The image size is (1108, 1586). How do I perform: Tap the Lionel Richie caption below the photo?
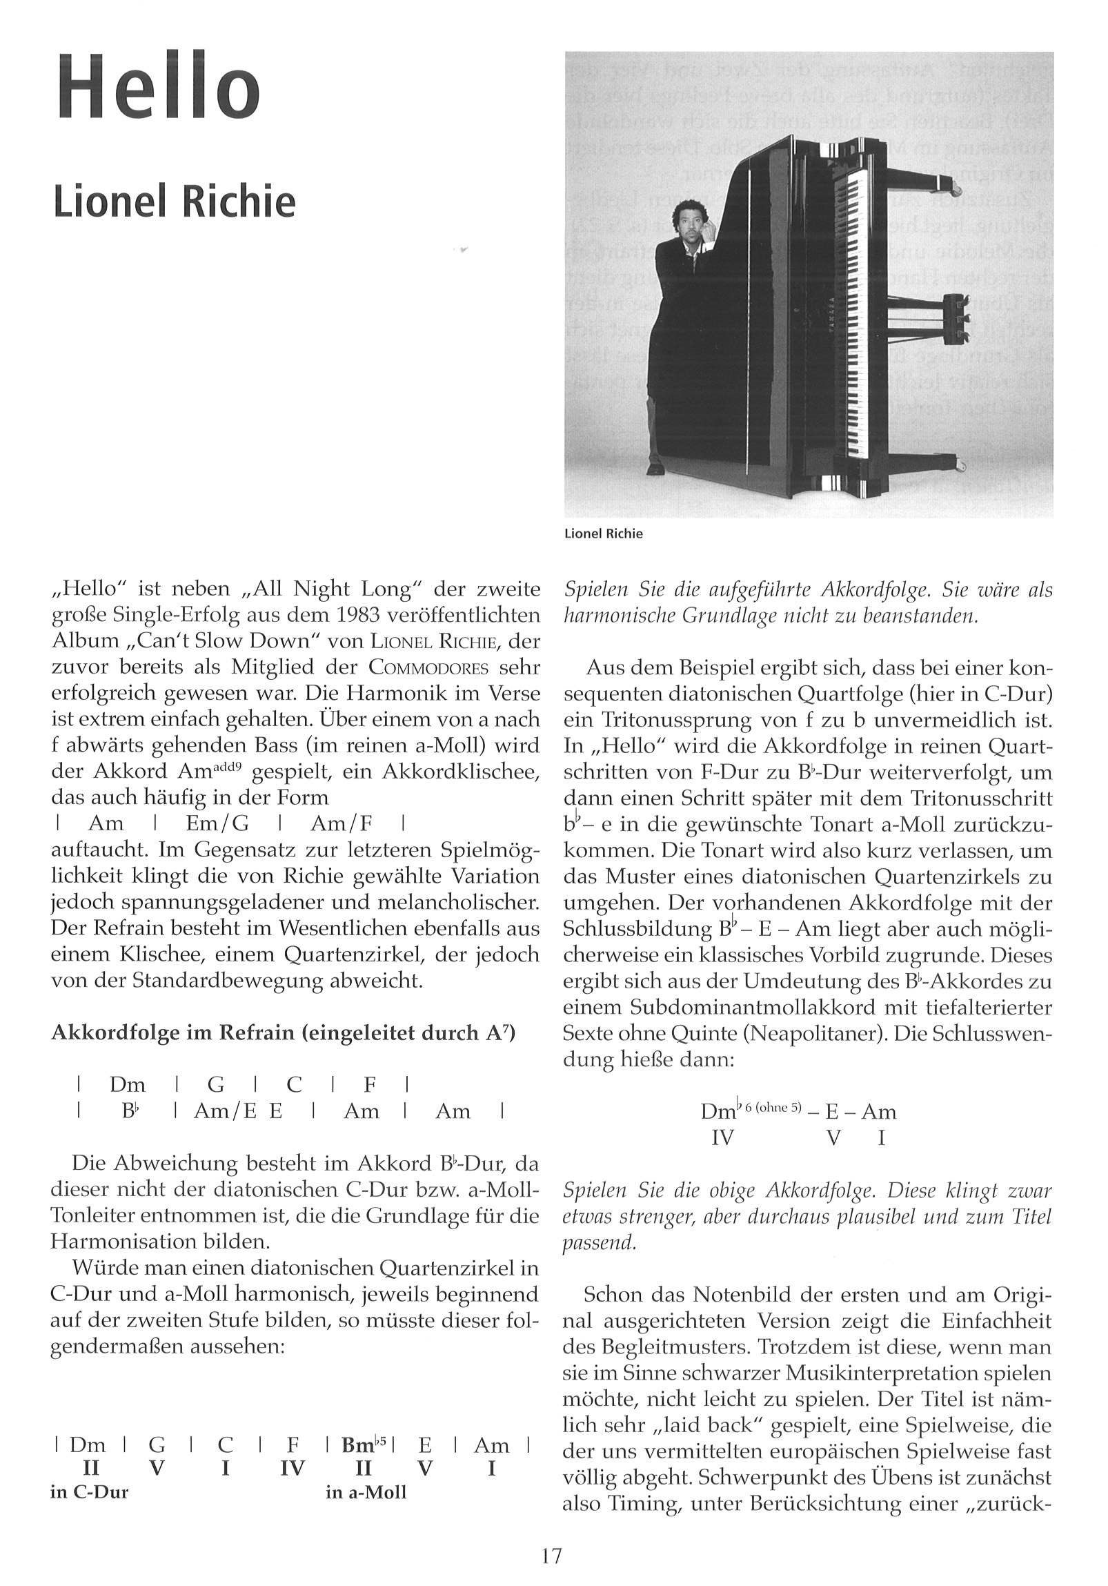604,534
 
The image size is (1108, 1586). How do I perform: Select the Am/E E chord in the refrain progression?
238,1110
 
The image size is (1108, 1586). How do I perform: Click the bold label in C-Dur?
90,1492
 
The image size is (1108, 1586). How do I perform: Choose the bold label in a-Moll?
366,1493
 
